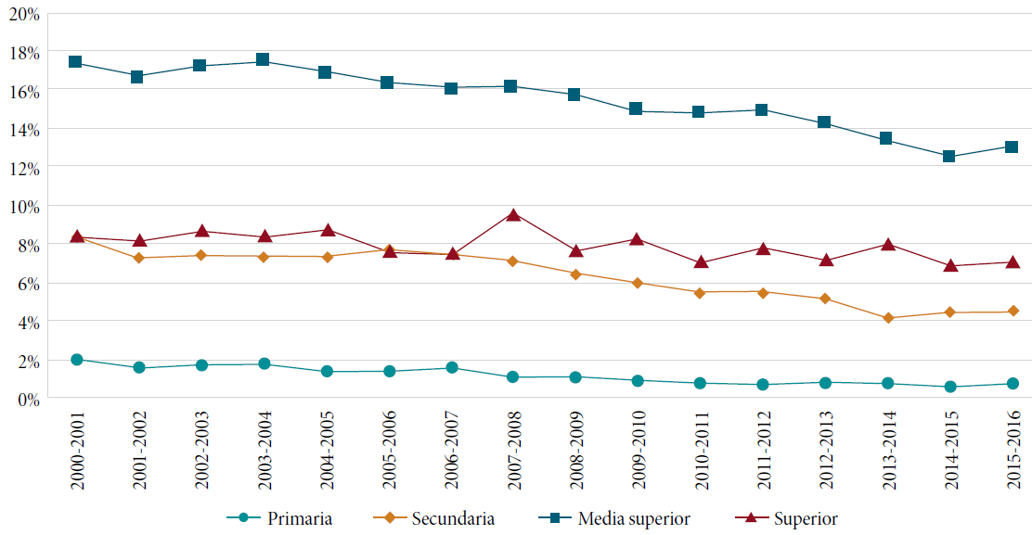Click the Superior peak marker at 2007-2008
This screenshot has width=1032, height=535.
513,214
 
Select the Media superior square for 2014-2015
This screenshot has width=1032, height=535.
949,157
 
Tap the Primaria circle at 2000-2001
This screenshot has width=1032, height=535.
77,360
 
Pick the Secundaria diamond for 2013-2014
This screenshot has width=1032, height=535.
887,318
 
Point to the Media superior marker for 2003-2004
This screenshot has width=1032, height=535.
263,60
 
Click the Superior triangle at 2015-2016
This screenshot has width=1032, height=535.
1013,261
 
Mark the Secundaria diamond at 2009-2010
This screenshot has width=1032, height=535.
638,283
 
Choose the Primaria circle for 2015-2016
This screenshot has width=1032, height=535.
1013,383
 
